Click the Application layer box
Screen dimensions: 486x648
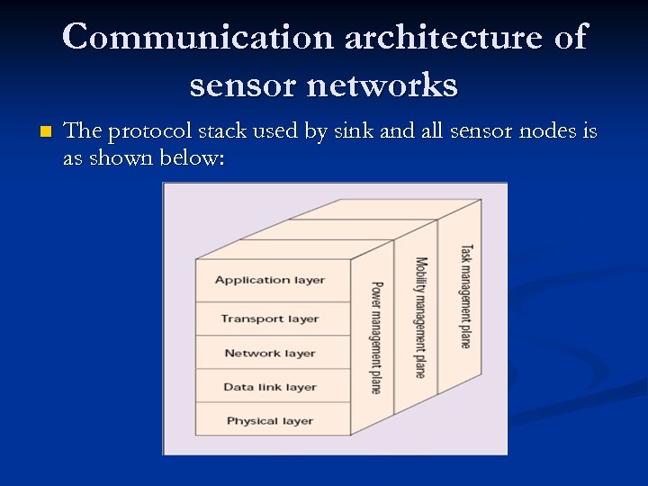(271, 280)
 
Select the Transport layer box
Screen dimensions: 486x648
(271, 319)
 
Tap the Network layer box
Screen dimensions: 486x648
(271, 353)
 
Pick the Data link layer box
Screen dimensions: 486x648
(271, 387)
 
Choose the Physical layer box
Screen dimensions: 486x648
(271, 420)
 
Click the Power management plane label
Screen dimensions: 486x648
(376, 337)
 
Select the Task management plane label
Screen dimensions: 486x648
(465, 295)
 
